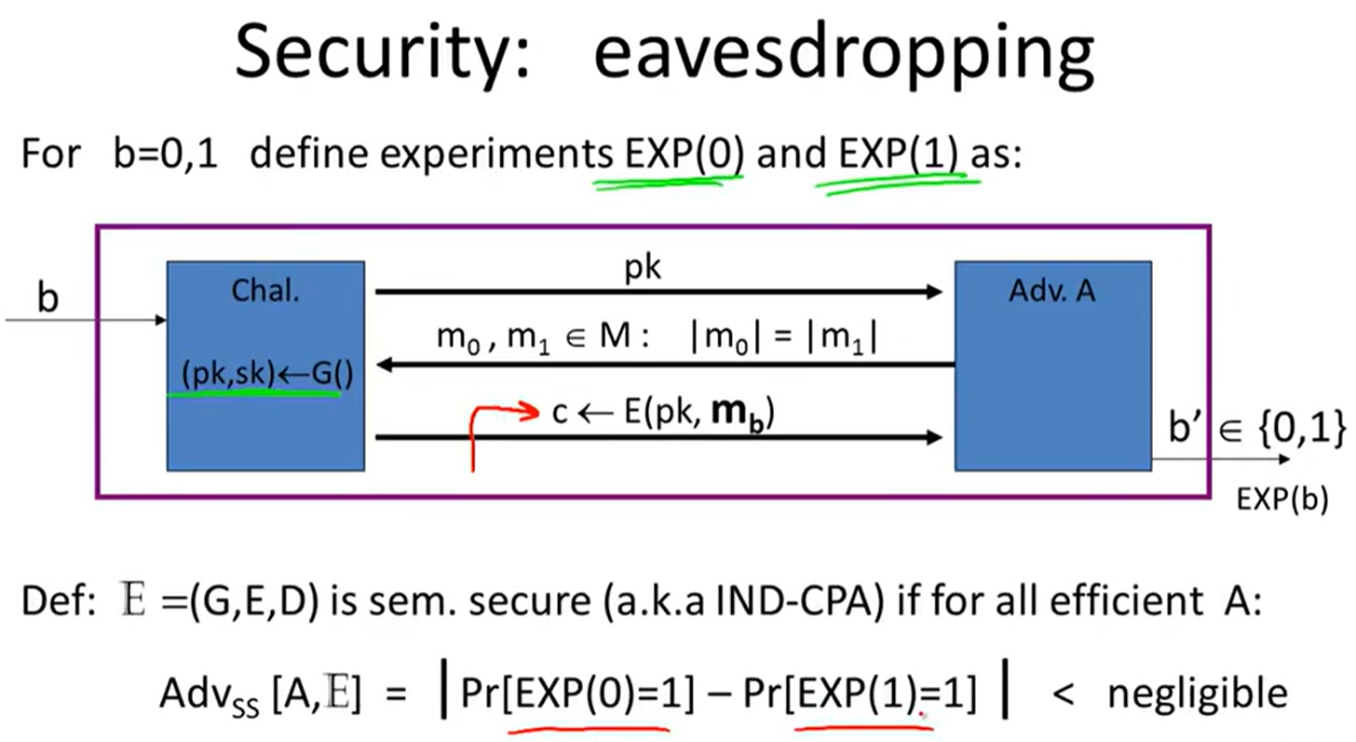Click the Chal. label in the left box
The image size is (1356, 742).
(264, 292)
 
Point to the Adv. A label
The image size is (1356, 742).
(1052, 292)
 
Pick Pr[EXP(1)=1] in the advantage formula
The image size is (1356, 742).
(860, 694)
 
